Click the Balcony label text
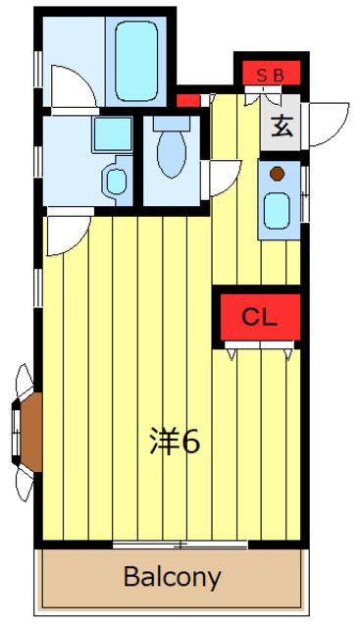[x=172, y=577]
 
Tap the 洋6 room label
[x=175, y=441]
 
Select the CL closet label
[x=259, y=318]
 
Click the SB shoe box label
[x=271, y=76]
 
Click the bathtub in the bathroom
[x=136, y=60]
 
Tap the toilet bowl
[x=172, y=153]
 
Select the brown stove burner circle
[x=277, y=175]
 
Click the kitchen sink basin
[x=277, y=211]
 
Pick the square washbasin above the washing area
[x=113, y=134]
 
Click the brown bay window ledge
[x=31, y=432]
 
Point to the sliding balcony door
[x=180, y=545]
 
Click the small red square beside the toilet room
[x=188, y=100]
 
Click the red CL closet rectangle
[x=260, y=318]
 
